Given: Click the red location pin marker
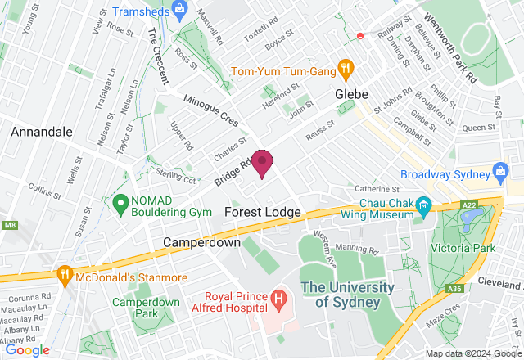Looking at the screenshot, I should [262, 162].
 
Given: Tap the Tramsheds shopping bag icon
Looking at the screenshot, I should [182, 12].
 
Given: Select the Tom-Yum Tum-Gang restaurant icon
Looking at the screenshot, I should [346, 70].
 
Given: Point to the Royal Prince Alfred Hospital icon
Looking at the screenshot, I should [279, 299].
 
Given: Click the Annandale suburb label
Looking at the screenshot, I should [42, 131].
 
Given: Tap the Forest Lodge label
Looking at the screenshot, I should [262, 212].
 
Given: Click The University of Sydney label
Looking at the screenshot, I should [340, 295].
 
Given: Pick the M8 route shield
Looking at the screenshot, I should [8, 224].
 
